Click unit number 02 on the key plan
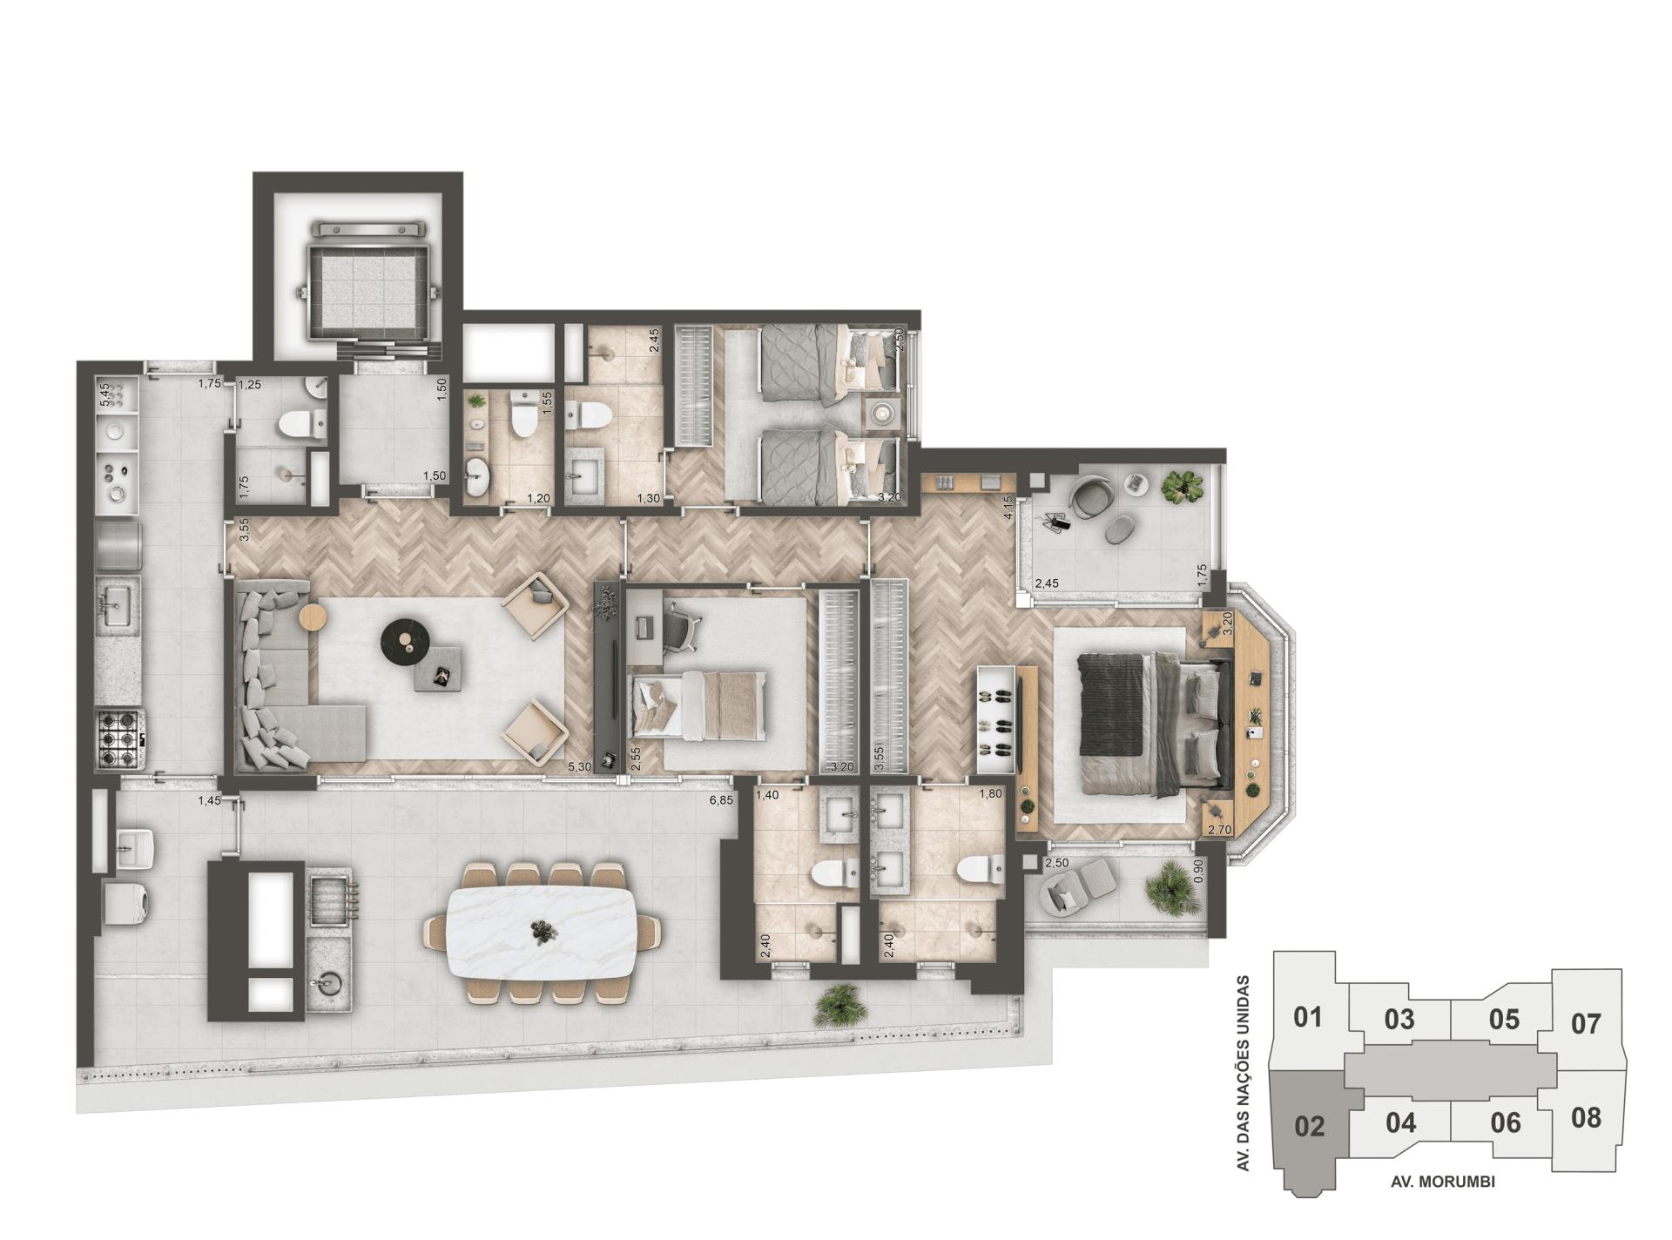(1309, 1127)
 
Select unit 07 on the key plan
(1586, 1023)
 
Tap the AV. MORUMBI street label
(1442, 1182)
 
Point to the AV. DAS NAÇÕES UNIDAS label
(1246, 1072)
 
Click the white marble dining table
(542, 933)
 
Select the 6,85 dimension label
(721, 799)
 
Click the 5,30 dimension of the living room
(578, 767)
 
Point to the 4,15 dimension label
(1008, 508)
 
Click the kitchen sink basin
(116, 600)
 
